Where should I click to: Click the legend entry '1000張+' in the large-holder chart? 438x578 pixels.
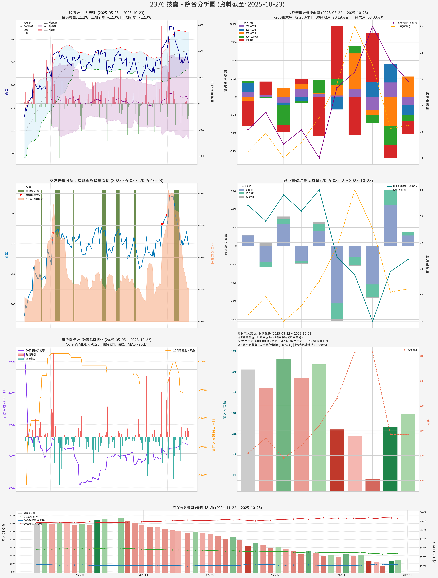[x=250, y=40]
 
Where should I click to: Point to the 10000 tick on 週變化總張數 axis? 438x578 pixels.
[x=233, y=24]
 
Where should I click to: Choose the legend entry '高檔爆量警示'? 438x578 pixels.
[x=33, y=195]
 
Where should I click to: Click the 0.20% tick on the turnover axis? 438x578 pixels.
[x=201, y=194]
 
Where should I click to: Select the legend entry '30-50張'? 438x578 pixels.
[x=249, y=197]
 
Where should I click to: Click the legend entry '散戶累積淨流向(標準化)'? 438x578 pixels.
[x=405, y=186]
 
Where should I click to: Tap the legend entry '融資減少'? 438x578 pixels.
[x=31, y=359]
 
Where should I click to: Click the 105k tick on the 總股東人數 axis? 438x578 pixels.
[x=234, y=351]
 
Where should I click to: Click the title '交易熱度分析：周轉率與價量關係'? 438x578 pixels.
[x=107, y=181]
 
